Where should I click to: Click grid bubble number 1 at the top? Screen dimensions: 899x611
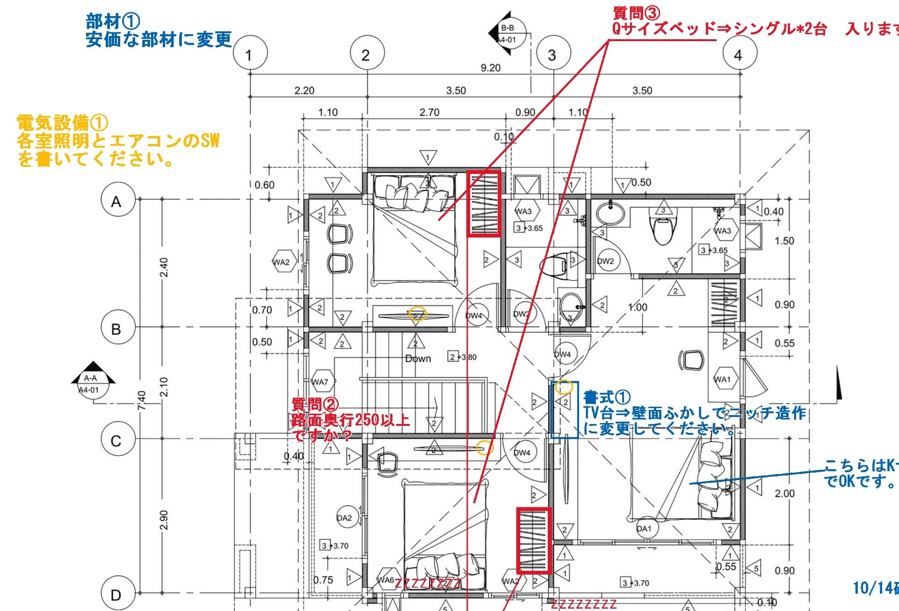250,55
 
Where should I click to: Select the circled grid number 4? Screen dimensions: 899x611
739,55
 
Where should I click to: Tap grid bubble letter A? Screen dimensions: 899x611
117,201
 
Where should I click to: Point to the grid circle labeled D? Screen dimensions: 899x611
117,595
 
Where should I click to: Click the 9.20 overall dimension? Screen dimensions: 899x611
490,68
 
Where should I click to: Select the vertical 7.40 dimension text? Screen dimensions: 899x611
142,400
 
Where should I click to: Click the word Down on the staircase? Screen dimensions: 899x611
418,359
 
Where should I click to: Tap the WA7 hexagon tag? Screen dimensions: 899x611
320,382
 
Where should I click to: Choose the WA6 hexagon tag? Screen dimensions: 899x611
385,580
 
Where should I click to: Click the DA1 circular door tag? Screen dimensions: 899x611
644,529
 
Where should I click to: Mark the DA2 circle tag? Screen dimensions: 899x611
345,518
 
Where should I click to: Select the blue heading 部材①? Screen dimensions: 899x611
113,22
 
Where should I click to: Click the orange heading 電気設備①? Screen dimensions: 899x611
62,123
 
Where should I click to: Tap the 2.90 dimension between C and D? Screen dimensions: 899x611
163,519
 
